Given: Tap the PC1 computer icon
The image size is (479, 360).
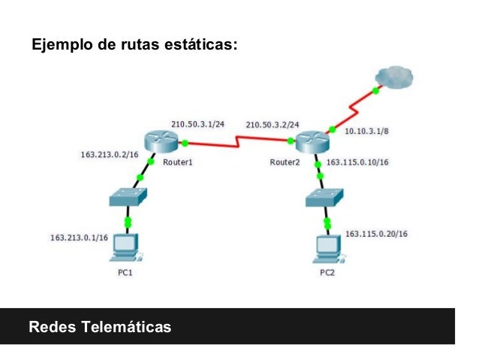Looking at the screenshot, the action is pos(125,247).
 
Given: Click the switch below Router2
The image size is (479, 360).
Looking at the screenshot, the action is pos(326,198).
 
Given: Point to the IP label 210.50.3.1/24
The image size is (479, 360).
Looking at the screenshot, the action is pos(197,123).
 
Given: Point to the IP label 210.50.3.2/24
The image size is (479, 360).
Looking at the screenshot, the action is pos(273,124).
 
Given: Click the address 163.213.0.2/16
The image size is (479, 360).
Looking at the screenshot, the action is pos(110,155).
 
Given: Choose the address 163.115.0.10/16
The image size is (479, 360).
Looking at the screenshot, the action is pos(357,162).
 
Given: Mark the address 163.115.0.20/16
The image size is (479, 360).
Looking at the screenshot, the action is pos(376,234).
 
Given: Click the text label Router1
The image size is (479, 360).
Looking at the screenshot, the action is pos(179,162).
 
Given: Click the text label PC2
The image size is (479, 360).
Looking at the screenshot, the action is pos(327,273).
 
